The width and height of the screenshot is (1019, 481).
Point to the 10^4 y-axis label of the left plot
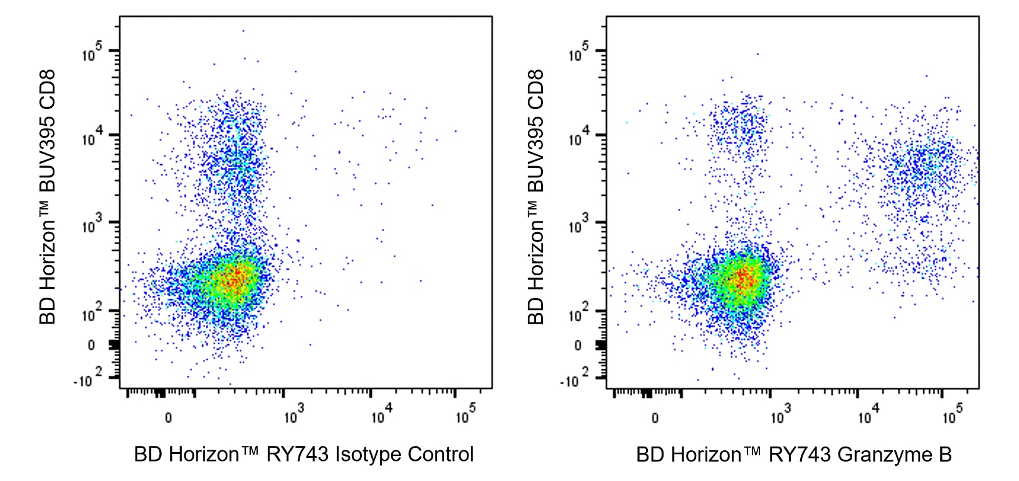coord(92,137)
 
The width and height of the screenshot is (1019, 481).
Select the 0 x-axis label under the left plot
coord(168,418)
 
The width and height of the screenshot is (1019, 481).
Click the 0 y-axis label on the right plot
coord(578,345)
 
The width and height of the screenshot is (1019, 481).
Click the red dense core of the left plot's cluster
coord(234,278)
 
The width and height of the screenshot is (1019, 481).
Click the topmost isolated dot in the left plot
coord(243,30)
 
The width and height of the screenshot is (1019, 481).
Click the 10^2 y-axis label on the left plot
coord(92,313)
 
